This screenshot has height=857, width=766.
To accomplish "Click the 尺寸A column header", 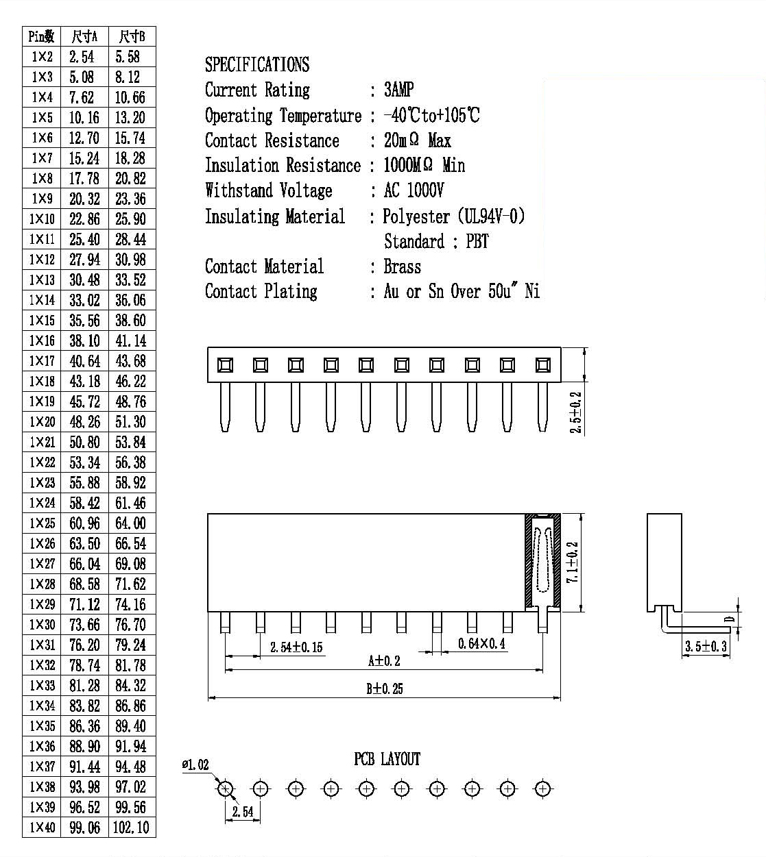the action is tap(84, 36).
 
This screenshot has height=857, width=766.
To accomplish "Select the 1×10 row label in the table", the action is tap(42, 219).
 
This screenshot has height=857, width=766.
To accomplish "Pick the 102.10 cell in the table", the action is tap(131, 827).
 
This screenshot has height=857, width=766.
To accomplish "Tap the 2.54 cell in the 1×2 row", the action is tap(82, 57).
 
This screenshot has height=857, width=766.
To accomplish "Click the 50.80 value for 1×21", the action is tap(84, 442).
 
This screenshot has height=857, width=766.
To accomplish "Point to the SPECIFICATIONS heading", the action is tap(257, 64).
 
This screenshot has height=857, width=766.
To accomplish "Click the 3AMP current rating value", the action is tap(398, 90).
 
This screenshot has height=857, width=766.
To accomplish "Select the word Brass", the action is tap(403, 266).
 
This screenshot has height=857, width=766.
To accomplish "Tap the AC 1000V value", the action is tap(414, 190).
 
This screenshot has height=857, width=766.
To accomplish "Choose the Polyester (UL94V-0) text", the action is tap(453, 216).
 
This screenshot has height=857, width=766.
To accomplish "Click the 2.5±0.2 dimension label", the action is tap(575, 412).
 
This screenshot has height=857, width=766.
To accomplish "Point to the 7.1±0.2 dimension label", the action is tap(572, 562).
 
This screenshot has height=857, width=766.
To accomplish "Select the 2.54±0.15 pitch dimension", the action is tap(296, 647).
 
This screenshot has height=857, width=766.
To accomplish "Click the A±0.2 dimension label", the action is tap(384, 660).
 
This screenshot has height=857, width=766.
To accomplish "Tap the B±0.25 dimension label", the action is tap(385, 688).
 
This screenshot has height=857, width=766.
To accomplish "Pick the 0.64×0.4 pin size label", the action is tap(481, 643).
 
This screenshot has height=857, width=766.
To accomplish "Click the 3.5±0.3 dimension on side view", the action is tap(706, 646).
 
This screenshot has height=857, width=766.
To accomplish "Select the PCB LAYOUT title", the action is tap(387, 759).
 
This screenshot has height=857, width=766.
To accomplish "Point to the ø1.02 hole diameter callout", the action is tap(195, 765).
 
